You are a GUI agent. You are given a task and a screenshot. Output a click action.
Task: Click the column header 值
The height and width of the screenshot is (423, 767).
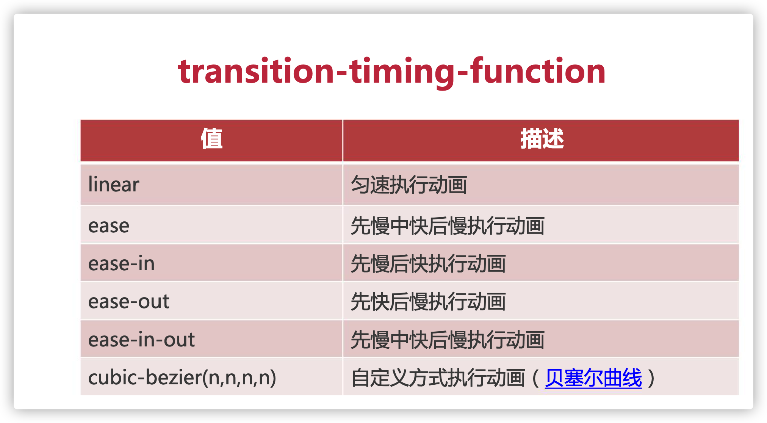point(211,139)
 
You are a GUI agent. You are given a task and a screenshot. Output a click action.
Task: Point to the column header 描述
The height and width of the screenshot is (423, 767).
point(542,139)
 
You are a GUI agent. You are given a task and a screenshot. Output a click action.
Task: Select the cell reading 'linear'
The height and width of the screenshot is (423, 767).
point(114,185)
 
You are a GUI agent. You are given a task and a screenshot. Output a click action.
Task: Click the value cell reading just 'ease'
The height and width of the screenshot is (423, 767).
point(109,226)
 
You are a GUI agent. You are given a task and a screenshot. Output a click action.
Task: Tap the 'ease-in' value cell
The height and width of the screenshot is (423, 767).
point(121,264)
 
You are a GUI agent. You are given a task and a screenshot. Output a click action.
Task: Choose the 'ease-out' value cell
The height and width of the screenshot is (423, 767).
point(128,302)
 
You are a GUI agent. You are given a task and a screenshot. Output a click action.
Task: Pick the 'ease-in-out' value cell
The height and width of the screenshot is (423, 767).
point(141,340)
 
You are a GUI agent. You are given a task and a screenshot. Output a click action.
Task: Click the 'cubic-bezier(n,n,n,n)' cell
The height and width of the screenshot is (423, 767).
point(182,378)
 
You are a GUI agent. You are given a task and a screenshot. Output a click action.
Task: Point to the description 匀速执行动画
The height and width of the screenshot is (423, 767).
point(409,185)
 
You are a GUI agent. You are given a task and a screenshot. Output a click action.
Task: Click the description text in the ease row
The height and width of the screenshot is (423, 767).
point(448,226)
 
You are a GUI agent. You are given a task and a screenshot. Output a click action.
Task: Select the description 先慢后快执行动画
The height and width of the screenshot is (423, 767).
point(428,264)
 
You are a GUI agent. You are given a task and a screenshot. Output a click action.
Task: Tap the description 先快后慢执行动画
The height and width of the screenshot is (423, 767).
point(428,302)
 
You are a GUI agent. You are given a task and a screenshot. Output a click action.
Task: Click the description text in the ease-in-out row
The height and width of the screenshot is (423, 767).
point(448,340)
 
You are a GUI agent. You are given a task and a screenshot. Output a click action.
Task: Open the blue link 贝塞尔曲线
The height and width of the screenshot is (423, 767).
point(593,378)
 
